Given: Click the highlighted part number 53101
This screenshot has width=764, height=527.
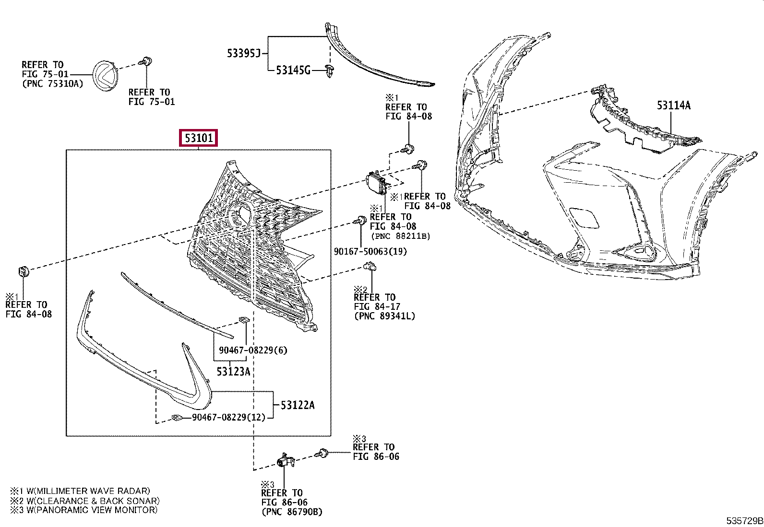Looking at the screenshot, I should tap(199, 139).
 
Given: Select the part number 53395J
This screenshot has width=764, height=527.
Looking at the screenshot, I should tap(243, 53).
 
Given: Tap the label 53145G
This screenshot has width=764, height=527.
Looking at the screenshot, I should tap(293, 70).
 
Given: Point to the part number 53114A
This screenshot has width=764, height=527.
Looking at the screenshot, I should tap(673, 105).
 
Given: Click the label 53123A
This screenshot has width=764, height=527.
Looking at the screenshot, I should tap(233, 371).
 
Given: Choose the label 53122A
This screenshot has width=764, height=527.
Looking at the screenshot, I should tap(298, 405).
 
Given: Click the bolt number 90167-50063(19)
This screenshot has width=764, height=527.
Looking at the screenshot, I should tap(370, 251).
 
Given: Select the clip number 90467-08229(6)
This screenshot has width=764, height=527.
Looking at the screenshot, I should tap(253, 350).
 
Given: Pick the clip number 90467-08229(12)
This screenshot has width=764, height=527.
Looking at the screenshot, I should tap(228, 417).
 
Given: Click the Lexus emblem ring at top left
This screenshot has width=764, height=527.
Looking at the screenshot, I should tap(106, 75).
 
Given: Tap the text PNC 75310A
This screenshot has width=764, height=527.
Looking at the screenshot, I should tap(52, 84).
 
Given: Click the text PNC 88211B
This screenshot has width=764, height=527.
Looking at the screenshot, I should tap(400, 236).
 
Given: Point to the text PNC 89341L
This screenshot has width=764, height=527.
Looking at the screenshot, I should tap(384, 316).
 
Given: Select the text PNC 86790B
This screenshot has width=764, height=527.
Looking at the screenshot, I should tap(292, 512).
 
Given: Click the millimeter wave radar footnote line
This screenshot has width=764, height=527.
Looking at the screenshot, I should tap(80, 491).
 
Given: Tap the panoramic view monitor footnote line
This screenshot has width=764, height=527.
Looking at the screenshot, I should tap(84, 510).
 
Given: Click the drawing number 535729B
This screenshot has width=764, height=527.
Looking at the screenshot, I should tap(744, 521).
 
